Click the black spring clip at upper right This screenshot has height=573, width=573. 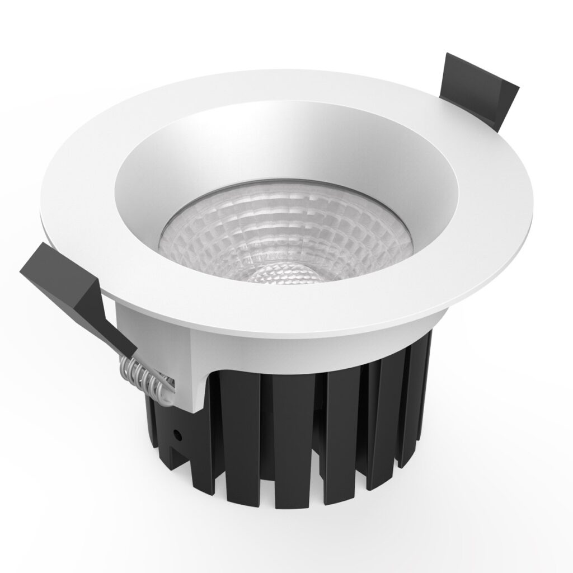click(x=476, y=92)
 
